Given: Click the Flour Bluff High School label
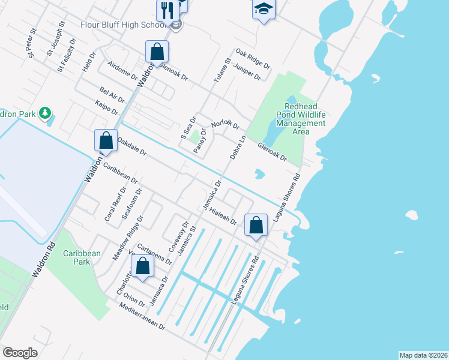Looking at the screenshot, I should [x=124, y=25].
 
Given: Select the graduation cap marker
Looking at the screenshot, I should [x=263, y=9].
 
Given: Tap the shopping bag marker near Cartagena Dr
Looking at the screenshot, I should [x=142, y=266].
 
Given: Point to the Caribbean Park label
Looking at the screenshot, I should [x=82, y=257].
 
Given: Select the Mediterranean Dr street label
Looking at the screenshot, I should [x=142, y=316].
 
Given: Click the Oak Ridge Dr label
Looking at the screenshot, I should [x=253, y=59].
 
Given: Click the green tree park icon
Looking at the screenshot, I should [x=44, y=113].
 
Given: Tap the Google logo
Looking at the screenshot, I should [x=20, y=353].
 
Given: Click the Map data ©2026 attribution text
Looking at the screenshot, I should [x=423, y=355].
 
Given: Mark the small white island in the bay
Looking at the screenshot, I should [x=411, y=215].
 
